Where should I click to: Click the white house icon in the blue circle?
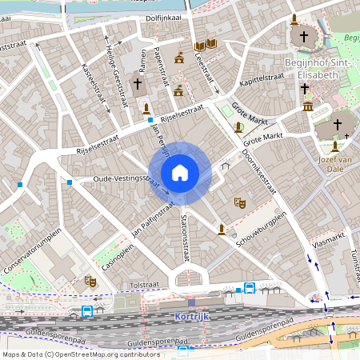(x=180, y=173)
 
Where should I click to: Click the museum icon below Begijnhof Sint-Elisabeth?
(x=308, y=106)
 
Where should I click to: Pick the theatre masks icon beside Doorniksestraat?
(x=238, y=203)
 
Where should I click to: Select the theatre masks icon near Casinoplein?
(x=90, y=281)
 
